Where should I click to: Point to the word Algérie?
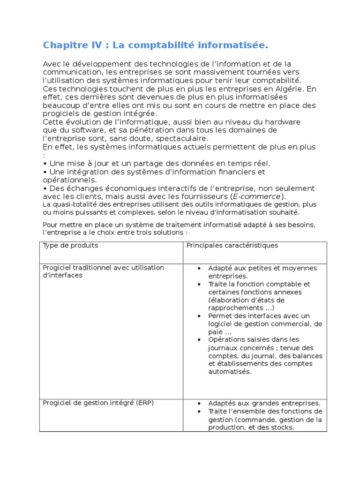point(289,89)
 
